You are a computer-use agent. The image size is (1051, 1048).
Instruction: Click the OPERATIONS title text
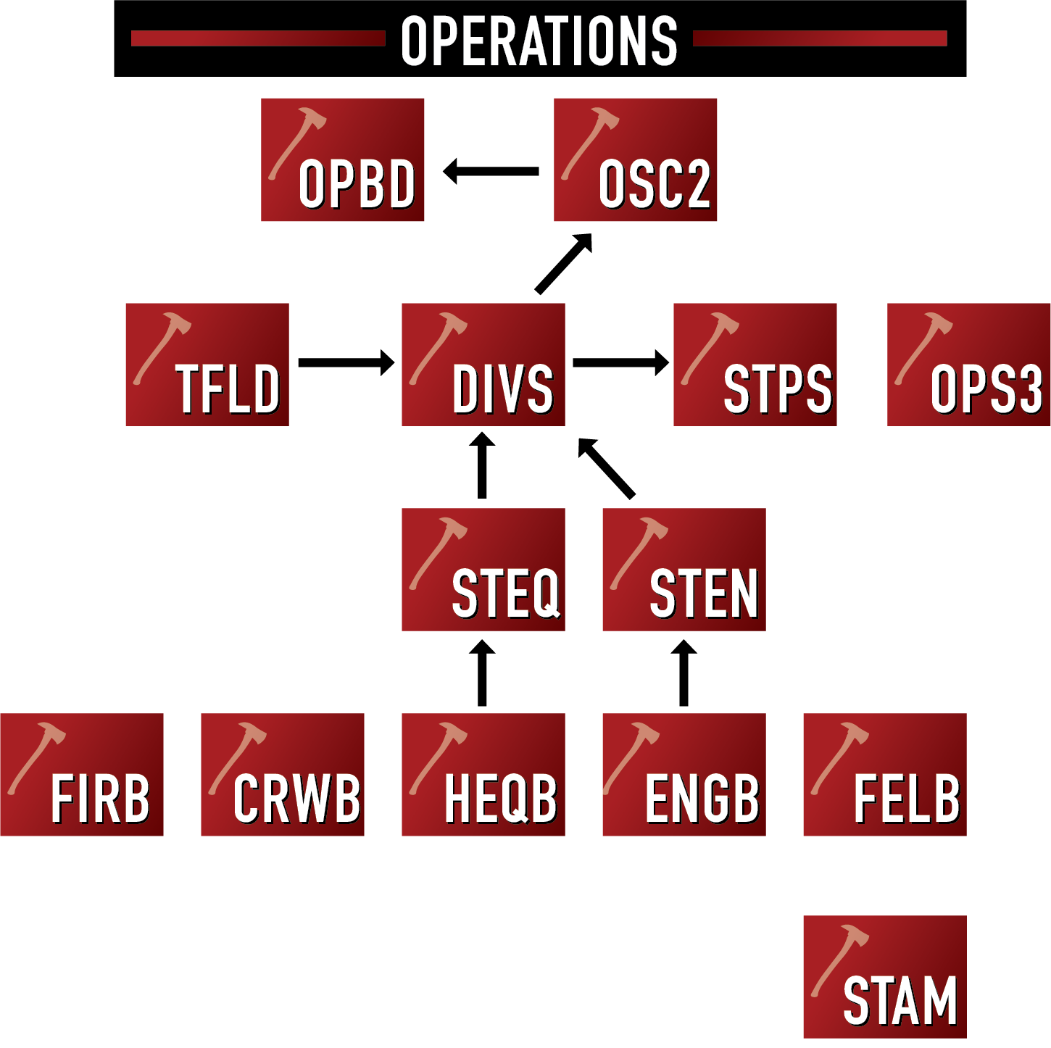tap(539, 40)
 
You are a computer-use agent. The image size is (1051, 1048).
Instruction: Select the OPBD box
tap(342, 159)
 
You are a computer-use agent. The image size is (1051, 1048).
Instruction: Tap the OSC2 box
tap(635, 159)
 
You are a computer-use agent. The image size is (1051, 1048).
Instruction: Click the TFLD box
tap(207, 365)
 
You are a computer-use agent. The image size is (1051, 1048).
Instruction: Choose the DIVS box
tap(483, 365)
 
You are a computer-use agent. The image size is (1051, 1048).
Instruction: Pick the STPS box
tap(755, 365)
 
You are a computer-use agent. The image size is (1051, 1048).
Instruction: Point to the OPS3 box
tap(968, 365)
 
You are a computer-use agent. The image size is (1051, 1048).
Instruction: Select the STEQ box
tap(483, 570)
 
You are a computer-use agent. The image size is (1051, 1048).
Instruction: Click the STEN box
tap(684, 570)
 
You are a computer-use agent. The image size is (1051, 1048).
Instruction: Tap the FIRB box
tap(82, 775)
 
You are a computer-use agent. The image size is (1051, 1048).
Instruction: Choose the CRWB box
tap(283, 775)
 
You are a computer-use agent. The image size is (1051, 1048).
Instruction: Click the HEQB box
tap(483, 775)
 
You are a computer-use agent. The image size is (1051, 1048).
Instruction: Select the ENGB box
tap(684, 775)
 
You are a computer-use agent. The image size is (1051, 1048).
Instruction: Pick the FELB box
tap(885, 775)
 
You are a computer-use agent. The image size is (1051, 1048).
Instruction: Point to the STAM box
tap(885, 977)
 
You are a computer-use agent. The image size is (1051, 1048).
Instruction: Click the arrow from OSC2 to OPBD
tap(491, 172)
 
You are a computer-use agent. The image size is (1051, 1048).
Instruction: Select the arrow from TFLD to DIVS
tap(346, 362)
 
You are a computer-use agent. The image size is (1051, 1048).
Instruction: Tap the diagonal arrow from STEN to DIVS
tap(607, 469)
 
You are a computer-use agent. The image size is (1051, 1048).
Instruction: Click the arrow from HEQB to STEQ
tap(482, 673)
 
